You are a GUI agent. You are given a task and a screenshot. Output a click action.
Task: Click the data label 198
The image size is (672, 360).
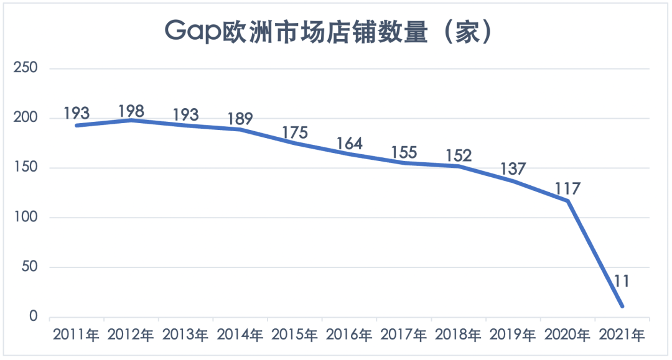(131, 111)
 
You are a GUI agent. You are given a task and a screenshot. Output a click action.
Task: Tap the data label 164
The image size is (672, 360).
(349, 144)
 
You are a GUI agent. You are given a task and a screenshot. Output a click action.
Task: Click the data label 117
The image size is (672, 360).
(567, 188)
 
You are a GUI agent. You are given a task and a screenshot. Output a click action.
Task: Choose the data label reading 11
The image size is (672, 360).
(622, 281)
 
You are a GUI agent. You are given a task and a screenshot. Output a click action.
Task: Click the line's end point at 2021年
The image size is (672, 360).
(622, 306)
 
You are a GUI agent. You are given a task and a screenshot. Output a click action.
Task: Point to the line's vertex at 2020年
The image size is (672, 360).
(567, 201)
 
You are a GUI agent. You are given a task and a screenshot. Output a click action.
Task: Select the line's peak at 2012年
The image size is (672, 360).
(131, 120)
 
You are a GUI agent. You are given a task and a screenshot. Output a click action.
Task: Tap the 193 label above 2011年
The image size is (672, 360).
(77, 114)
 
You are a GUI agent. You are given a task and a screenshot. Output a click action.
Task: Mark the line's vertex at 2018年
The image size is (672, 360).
(459, 166)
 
